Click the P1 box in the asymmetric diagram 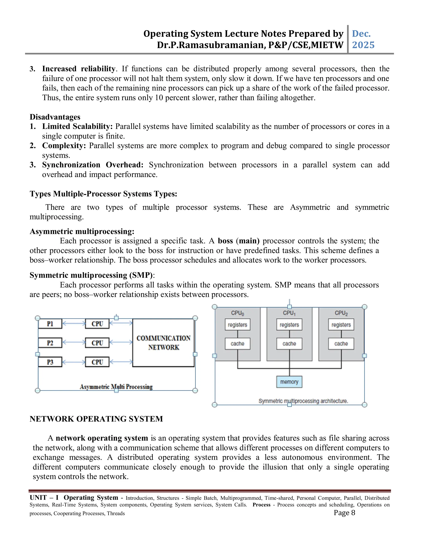pyautogui.click(x=50, y=324)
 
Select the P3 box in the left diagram pyautogui.click(x=50, y=362)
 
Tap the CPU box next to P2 pyautogui.click(x=97, y=343)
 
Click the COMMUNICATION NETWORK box pyautogui.click(x=163, y=343)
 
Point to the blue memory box pyautogui.click(x=289, y=382)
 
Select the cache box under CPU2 pyautogui.click(x=341, y=344)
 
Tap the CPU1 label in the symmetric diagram pyautogui.click(x=289, y=313)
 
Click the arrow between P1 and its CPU pyautogui.click(x=74, y=323)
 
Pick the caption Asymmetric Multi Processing pyautogui.click(x=116, y=387)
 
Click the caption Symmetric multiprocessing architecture pyautogui.click(x=303, y=401)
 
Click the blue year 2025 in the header pyautogui.click(x=363, y=45)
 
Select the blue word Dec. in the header pyautogui.click(x=361, y=33)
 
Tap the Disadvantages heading pyautogui.click(x=55, y=117)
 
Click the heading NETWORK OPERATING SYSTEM pyautogui.click(x=96, y=419)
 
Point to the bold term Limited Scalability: pyautogui.click(x=77, y=126)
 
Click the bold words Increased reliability pyautogui.click(x=78, y=69)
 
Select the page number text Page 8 pyautogui.click(x=344, y=512)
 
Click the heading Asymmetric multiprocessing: pyautogui.click(x=82, y=231)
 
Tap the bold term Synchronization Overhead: pyautogui.click(x=93, y=165)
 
